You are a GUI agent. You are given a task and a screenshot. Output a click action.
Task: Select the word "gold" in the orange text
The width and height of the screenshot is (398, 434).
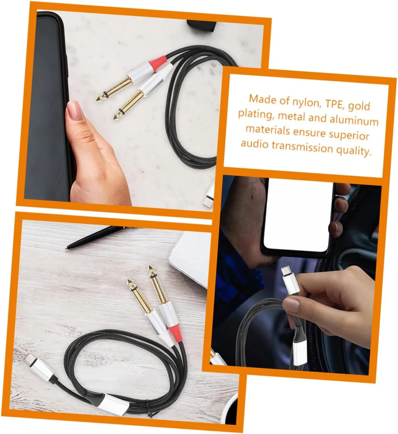pos(359,106)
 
